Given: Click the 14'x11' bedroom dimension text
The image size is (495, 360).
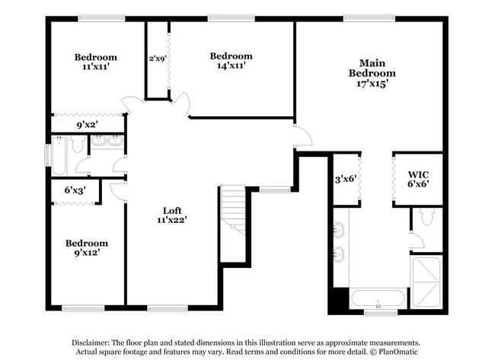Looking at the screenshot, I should [231, 66].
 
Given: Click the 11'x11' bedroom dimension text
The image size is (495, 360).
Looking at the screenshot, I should [95, 67].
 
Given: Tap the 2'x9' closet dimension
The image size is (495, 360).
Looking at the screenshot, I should [158, 58].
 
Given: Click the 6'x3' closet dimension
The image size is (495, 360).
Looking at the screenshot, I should [75, 190].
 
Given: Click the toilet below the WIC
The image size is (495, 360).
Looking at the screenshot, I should [427, 218].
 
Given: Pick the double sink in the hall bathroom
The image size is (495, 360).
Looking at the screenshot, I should [107, 141].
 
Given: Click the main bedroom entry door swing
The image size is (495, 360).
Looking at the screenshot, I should [302, 135].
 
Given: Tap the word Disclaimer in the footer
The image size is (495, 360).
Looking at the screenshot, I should [95, 343].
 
